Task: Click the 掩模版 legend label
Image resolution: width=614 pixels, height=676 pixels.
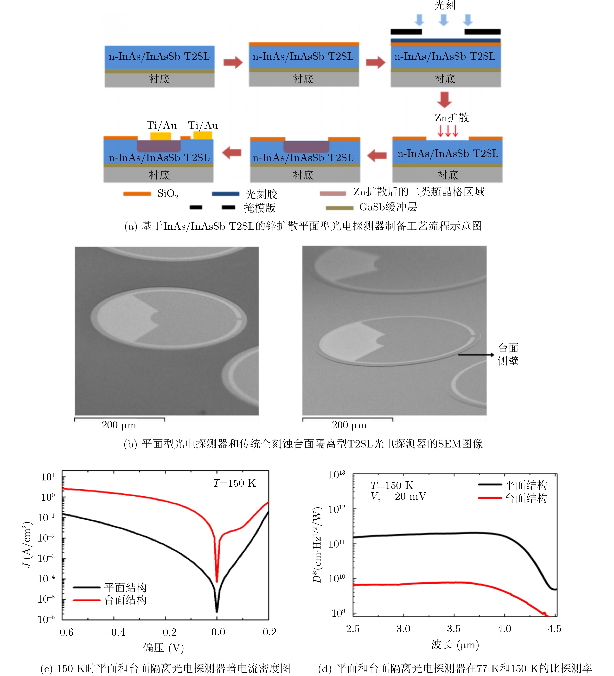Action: point(260,208)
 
